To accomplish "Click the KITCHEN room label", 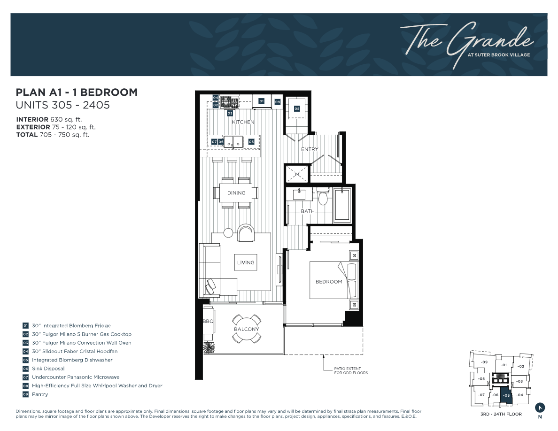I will pos(243,122).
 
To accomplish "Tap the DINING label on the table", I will pos(236,193).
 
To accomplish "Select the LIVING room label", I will pos(246,262).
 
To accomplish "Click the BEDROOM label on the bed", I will pos(329,282).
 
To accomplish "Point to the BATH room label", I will pos(308,211).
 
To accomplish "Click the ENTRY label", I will pos(310,149).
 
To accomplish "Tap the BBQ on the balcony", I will pos(208,322).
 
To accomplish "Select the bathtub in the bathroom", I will pos(342,204).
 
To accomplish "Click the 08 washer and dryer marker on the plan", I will pos(297,108).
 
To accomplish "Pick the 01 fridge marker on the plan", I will pos(262,101).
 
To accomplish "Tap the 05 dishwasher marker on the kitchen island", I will pos(251,141).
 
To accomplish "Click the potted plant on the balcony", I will pos(208,347).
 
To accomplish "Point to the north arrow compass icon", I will pos(540,408).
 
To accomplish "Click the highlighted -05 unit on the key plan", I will pos(506,395).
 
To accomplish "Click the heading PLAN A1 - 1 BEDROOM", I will pos(77,92).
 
